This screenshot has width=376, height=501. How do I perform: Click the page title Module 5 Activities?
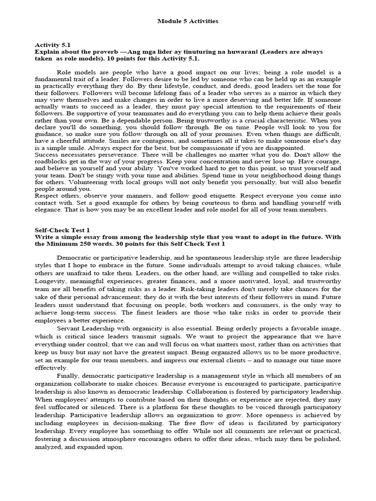point(188,22)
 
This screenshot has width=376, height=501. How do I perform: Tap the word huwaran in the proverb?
point(214,51)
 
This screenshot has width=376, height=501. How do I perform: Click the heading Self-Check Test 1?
point(62,229)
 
